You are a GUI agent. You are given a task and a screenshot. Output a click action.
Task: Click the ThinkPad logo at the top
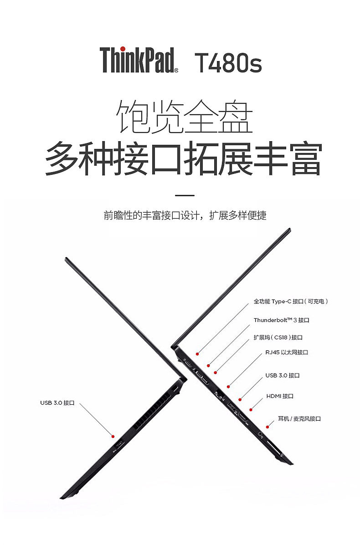(139, 60)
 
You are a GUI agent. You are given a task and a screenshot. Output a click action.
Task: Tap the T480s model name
(228, 62)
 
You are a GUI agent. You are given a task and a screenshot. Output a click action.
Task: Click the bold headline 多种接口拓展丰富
(183, 159)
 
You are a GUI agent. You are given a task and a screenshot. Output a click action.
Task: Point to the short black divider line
(185, 195)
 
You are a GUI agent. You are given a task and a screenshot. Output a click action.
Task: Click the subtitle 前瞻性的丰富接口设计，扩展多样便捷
(185, 215)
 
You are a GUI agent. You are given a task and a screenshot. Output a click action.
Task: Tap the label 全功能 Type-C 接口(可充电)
(291, 301)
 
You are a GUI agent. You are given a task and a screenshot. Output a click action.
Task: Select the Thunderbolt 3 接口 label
(281, 320)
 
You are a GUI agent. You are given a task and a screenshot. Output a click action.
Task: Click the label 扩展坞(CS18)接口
(278, 337)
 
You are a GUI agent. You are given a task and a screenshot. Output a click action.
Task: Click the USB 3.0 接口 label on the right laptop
(283, 376)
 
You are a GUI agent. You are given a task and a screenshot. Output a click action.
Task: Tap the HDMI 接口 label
(280, 396)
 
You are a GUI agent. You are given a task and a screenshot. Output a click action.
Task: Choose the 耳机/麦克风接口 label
(299, 418)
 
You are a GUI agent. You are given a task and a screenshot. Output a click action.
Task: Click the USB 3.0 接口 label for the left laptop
(57, 402)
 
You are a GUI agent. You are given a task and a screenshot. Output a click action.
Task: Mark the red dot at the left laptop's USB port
(113, 436)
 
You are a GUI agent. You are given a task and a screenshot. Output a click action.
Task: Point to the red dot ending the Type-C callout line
(198, 353)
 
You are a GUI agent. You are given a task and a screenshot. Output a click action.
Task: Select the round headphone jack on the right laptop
(262, 434)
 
